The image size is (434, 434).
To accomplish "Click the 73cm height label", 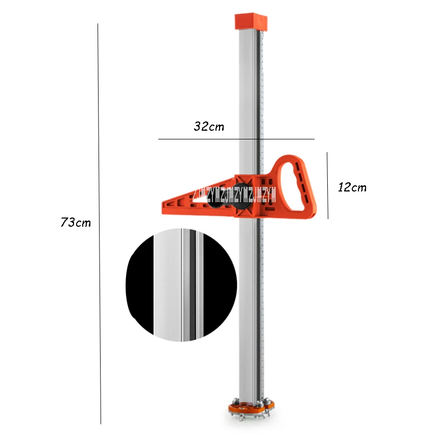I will [x=76, y=223].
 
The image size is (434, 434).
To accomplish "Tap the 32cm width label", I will [x=208, y=126].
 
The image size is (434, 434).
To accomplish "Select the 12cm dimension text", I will [x=352, y=187].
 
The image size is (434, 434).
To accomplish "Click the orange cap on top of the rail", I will [x=251, y=22].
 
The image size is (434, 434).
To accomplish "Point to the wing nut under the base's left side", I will [x=236, y=418].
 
